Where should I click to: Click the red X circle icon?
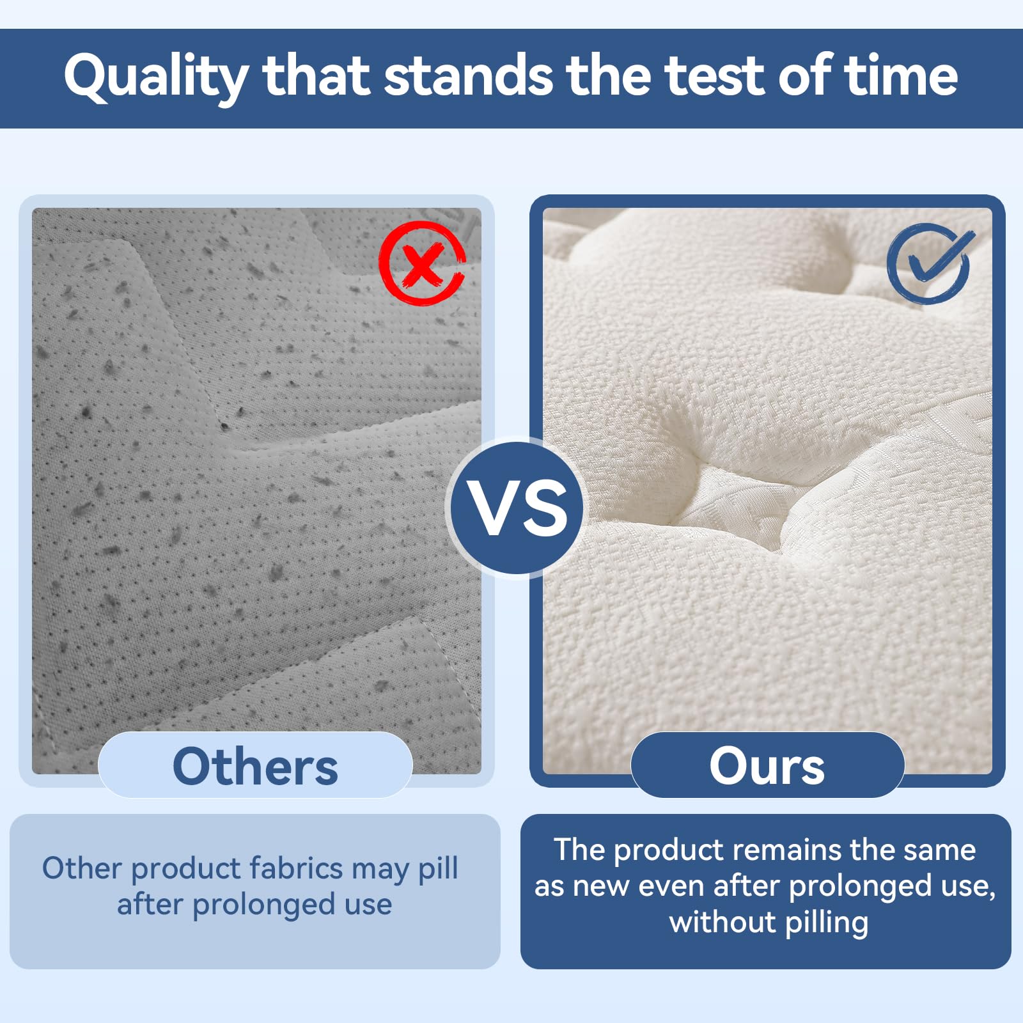tap(421, 263)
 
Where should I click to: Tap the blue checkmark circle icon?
tap(929, 263)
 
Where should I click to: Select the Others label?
tap(255, 765)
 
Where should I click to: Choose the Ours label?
tap(767, 765)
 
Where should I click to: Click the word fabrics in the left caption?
tap(296, 868)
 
